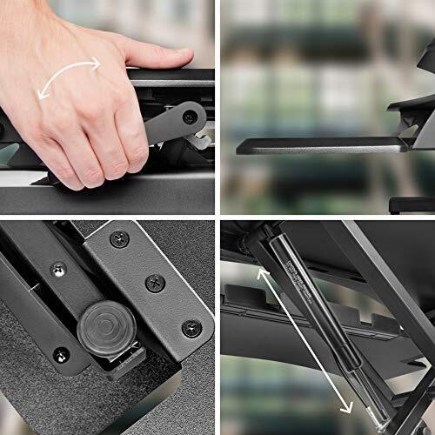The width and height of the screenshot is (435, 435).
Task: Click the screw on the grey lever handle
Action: pos(189,116)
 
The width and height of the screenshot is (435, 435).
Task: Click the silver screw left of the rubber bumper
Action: pos(57,270)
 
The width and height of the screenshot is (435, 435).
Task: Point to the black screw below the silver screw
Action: pos(61,355)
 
